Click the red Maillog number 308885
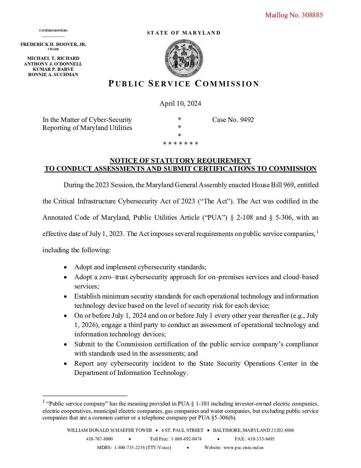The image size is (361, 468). pos(294,15)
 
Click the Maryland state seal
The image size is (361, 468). pos(184,58)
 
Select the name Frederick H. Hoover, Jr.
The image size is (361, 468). pos(53,44)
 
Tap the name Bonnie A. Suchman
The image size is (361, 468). pos(53,74)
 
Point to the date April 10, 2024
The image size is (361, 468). pos(180,103)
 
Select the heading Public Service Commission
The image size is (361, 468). pos(183,84)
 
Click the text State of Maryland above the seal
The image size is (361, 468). pos(183,33)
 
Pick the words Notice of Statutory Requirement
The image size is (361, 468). pos(180,161)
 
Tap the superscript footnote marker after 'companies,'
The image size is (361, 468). pos(317,232)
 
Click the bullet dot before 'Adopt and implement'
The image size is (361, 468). pos(66,267)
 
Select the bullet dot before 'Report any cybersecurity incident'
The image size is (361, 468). pos(66,364)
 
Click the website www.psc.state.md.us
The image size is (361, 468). pos(243,447)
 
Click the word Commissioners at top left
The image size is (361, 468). pos(53,31)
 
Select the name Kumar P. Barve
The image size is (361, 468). pos(53,69)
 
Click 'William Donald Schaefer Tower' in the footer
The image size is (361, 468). pos(109,430)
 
